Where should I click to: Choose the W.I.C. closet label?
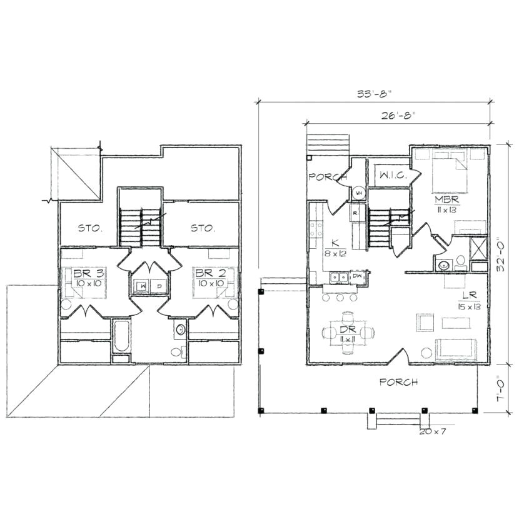click(393, 176)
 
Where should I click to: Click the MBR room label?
click(448, 199)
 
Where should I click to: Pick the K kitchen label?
click(335, 243)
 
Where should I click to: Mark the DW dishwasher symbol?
click(358, 276)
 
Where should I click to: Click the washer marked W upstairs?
click(144, 286)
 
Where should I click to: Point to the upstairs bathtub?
click(121, 338)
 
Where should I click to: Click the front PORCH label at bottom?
click(398, 382)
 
